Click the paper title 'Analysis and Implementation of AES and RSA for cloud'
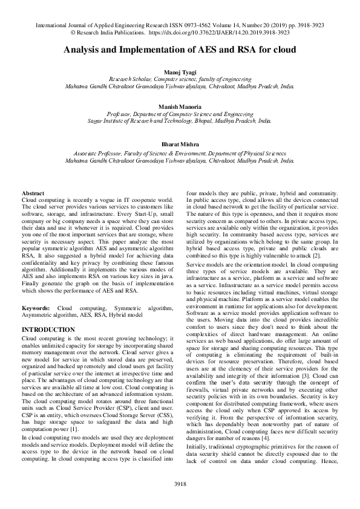click(x=180, y=51)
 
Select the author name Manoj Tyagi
click(x=180, y=73)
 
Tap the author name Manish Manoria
click(x=180, y=106)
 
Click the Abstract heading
click(x=33, y=192)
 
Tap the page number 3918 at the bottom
click(x=180, y=484)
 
